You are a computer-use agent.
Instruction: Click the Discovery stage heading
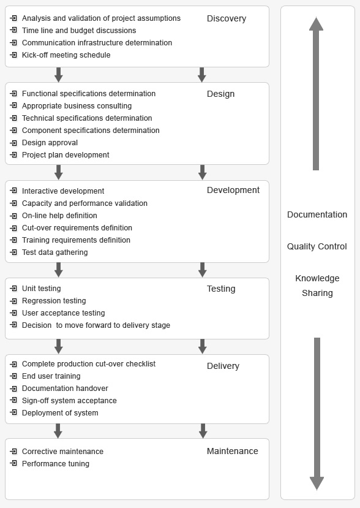click(x=227, y=19)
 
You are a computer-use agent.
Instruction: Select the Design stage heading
click(x=220, y=94)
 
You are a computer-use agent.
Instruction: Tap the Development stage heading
click(x=233, y=190)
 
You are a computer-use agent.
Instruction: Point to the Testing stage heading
click(x=221, y=289)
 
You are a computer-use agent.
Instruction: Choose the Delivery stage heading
click(x=223, y=366)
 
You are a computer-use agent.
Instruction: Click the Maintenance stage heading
click(x=233, y=451)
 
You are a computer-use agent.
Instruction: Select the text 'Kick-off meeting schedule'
click(x=66, y=55)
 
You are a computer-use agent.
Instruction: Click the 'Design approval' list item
click(x=50, y=143)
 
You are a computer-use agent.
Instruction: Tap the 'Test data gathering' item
click(x=54, y=252)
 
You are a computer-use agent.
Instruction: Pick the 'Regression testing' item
click(x=54, y=301)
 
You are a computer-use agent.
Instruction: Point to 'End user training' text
click(x=51, y=376)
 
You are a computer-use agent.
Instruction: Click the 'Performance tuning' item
click(x=55, y=464)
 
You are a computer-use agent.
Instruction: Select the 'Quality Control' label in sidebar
click(x=317, y=246)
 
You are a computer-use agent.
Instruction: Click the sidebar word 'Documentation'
click(x=317, y=214)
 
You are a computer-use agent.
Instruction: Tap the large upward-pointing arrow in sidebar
click(x=316, y=94)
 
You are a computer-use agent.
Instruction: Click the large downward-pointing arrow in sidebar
click(x=317, y=414)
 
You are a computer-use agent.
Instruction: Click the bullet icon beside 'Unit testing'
click(x=13, y=289)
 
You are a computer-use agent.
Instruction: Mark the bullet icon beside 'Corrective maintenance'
click(x=13, y=451)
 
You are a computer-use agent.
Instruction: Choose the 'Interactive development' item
click(x=63, y=191)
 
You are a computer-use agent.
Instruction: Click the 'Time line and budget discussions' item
click(x=79, y=31)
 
